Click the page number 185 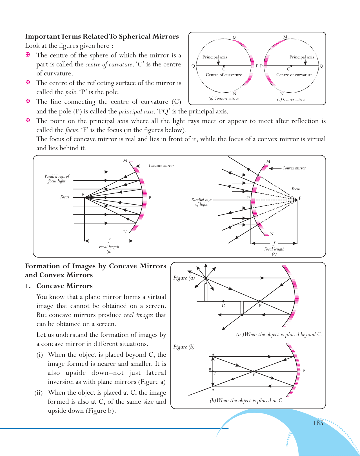(x=318, y=423)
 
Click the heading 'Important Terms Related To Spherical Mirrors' (x=102, y=37)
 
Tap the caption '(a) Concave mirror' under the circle (x=224, y=99)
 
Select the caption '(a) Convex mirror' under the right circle (x=292, y=99)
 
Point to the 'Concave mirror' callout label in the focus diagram (x=161, y=166)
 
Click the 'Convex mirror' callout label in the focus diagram (x=294, y=168)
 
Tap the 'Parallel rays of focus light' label (x=57, y=179)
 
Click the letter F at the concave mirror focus (x=83, y=195)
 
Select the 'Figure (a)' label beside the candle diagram (x=184, y=278)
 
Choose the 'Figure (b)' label (x=184, y=347)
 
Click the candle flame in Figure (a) (x=206, y=280)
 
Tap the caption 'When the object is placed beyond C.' (x=279, y=334)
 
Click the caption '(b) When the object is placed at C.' (x=246, y=401)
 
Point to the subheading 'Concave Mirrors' (x=64, y=286)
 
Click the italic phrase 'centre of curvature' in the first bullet (x=109, y=64)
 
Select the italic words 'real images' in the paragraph (x=138, y=315)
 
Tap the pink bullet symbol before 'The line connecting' (x=28, y=101)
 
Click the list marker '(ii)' (x=39, y=393)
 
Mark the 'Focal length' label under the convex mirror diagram (x=274, y=249)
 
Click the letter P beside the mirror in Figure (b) (x=304, y=371)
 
